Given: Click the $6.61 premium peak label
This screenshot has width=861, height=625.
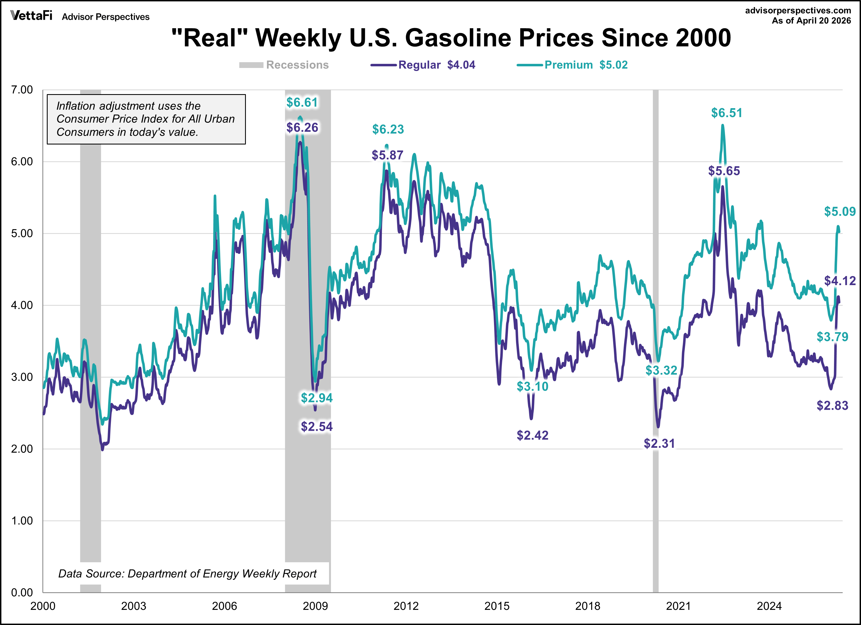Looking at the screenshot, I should click(x=302, y=102).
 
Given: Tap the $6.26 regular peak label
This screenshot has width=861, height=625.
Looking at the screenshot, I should click(x=302, y=127).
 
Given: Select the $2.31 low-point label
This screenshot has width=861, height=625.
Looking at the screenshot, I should click(x=659, y=443).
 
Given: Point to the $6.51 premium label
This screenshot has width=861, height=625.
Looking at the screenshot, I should click(x=726, y=113).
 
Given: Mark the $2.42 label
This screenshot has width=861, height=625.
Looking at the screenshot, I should click(x=532, y=435).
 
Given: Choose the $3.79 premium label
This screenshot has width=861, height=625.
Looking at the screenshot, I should click(x=832, y=337).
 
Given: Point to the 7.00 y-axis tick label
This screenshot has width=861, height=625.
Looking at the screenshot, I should click(x=22, y=90).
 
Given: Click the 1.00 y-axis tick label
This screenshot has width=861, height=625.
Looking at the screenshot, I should click(x=22, y=521).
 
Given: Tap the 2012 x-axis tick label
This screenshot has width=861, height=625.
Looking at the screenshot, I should click(x=406, y=606).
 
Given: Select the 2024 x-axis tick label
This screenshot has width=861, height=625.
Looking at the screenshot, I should click(x=769, y=606).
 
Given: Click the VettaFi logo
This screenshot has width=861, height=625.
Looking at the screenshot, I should click(x=31, y=16).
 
